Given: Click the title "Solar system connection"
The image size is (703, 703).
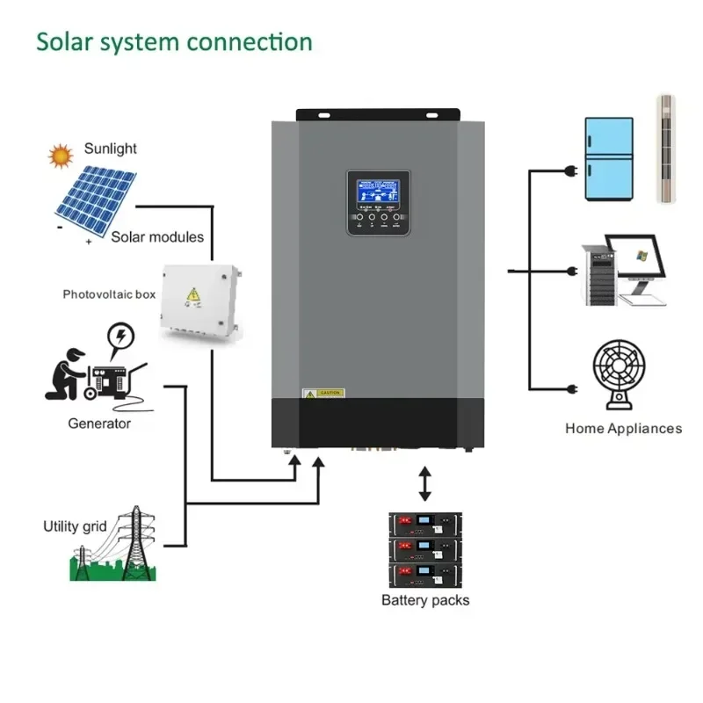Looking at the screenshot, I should tap(174, 42).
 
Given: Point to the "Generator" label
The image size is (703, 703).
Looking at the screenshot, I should tap(99, 424).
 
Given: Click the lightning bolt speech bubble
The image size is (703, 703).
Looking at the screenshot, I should tap(120, 337).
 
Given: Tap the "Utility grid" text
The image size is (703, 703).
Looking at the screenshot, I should tap(75, 526).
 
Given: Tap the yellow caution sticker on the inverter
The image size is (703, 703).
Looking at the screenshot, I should tap(323, 393).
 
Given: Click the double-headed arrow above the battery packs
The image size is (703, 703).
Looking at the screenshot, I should tap(425, 484).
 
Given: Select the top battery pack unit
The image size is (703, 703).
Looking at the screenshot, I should tap(425, 524).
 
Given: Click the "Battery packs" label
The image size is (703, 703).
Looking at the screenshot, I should tap(425, 600).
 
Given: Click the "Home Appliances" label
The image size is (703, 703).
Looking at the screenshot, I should tap(623, 429).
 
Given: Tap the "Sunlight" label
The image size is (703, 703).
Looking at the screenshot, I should tap(110, 149).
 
